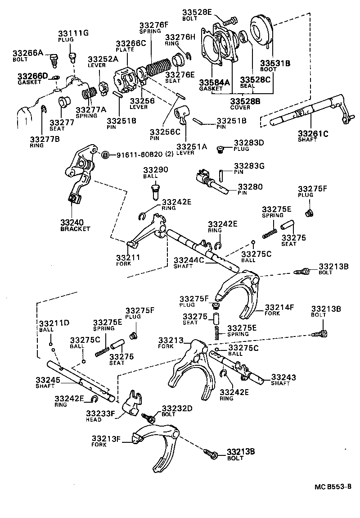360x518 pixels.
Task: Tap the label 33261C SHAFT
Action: (313, 133)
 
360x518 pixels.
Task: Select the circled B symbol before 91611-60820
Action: (105, 154)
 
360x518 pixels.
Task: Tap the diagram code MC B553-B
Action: (332, 487)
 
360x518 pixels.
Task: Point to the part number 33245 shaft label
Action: (48, 380)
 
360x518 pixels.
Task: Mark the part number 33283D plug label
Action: (248, 143)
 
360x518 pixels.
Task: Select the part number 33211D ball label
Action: (54, 323)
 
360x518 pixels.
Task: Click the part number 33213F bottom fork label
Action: (106, 438)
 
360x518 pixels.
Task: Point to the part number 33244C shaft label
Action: (189, 260)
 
